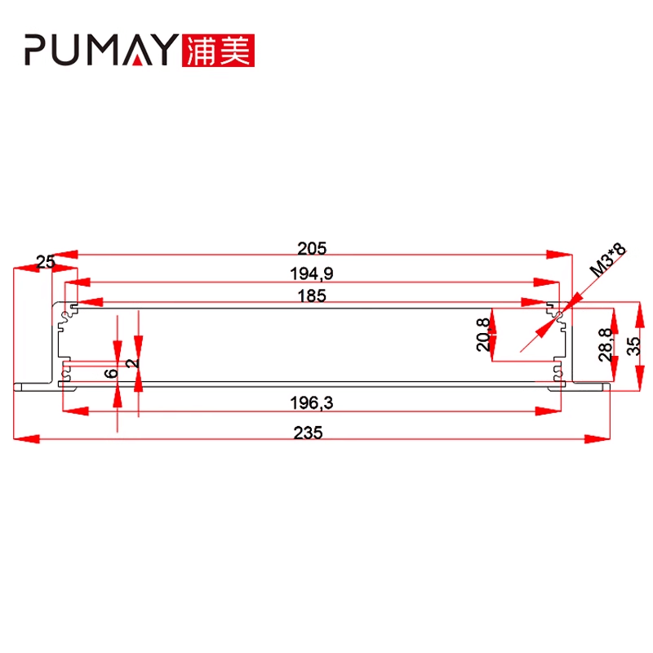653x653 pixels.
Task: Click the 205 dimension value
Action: pyautogui.click(x=313, y=247)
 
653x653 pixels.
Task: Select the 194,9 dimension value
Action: pyautogui.click(x=313, y=273)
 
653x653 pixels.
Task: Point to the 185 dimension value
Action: pyautogui.click(x=313, y=296)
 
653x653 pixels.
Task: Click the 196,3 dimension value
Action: pyautogui.click(x=313, y=402)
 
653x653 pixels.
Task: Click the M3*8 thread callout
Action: pyautogui.click(x=607, y=259)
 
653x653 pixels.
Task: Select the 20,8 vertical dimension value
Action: pyautogui.click(x=483, y=335)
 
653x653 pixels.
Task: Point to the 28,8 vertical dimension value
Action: pyautogui.click(x=605, y=344)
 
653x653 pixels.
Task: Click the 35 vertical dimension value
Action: pyautogui.click(x=633, y=344)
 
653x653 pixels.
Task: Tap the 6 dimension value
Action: pyautogui.click(x=112, y=371)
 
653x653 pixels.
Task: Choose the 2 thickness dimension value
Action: pyautogui.click(x=133, y=360)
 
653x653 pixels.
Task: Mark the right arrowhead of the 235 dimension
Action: pyautogui.click(x=599, y=440)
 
